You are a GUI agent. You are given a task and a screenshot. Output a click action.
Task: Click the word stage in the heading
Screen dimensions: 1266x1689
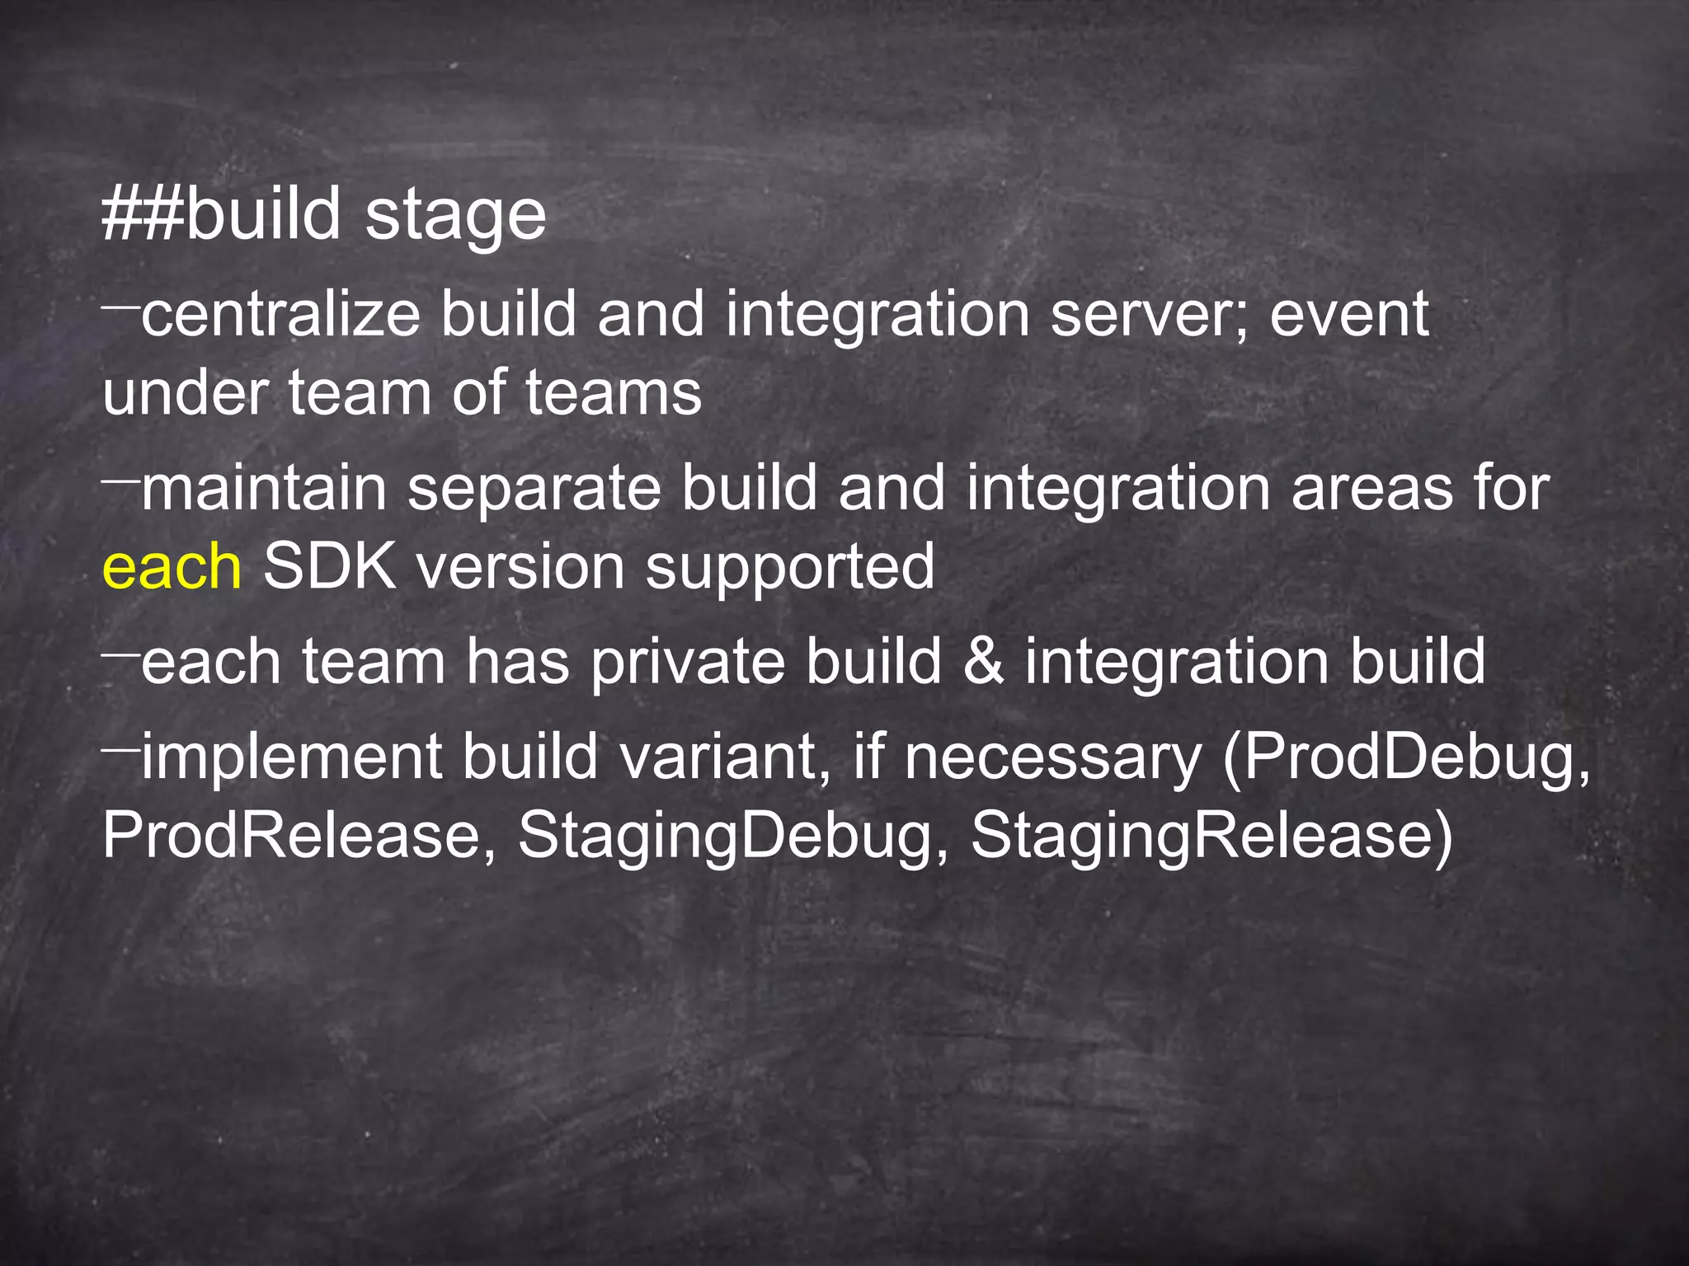click(x=455, y=216)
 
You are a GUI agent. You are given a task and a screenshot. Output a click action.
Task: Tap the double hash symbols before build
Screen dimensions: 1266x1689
click(x=143, y=214)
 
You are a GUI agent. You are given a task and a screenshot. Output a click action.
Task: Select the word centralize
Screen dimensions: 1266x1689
click(x=280, y=315)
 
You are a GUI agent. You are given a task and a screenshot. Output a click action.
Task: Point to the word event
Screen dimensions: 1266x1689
click(x=1349, y=315)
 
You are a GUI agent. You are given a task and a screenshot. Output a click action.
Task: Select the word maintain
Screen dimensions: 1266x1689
click(x=264, y=489)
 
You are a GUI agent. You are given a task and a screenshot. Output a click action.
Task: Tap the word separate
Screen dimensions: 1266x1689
click(x=534, y=489)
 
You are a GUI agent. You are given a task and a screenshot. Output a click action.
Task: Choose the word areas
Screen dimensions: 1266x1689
click(x=1370, y=489)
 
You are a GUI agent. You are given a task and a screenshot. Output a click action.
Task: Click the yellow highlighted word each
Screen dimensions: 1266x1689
click(x=172, y=567)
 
